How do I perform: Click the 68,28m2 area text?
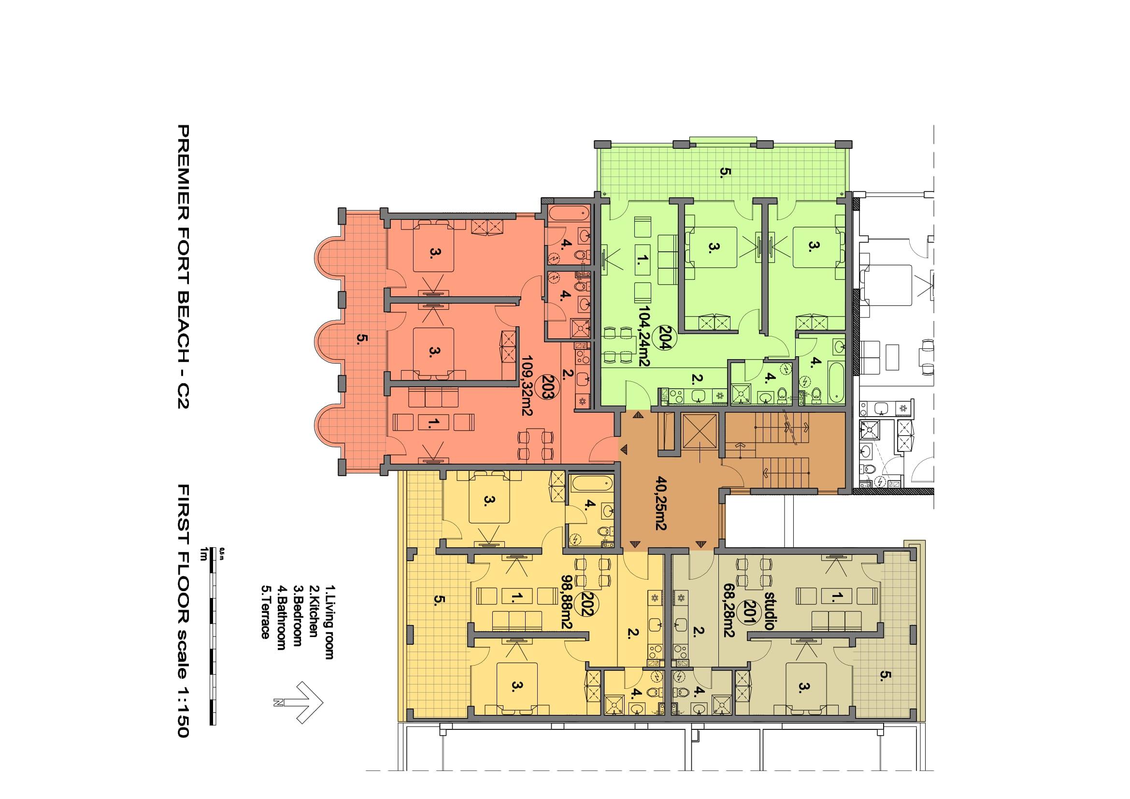click(729, 611)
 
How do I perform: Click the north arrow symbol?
click(299, 702)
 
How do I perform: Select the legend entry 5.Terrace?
click(266, 611)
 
